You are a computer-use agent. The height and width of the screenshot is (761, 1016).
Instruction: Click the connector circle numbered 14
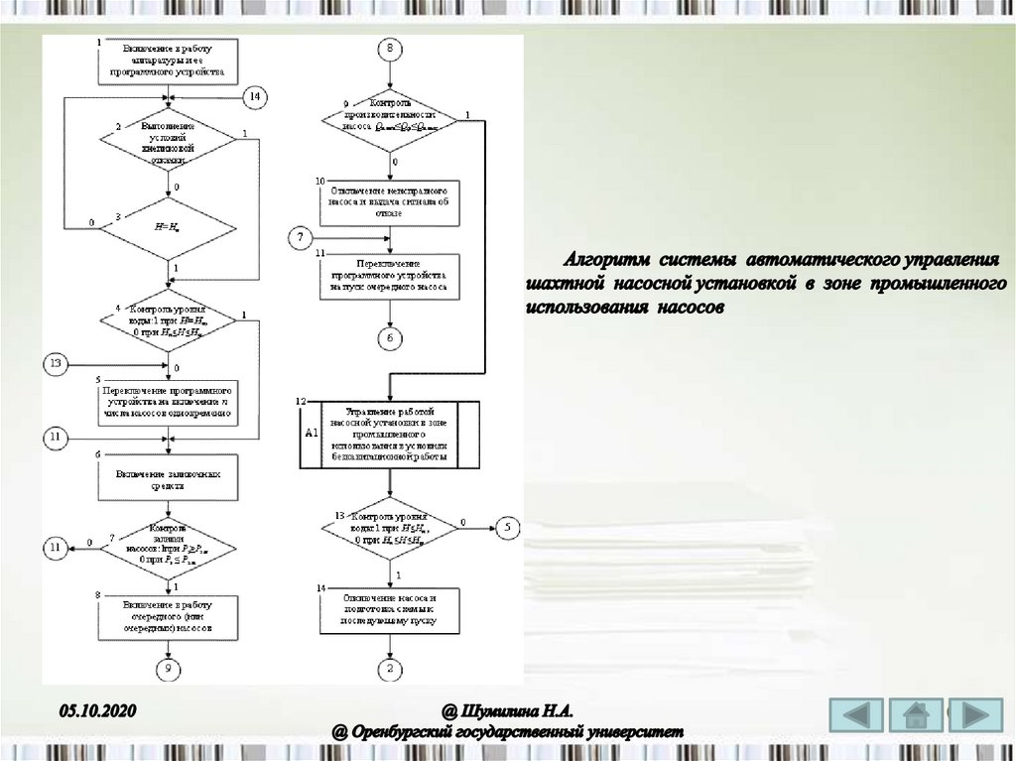(x=255, y=96)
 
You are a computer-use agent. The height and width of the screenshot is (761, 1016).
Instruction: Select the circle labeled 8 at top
(x=390, y=50)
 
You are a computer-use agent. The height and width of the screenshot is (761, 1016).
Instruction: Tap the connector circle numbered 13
(x=57, y=364)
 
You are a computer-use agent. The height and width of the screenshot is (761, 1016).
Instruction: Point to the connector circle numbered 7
(x=301, y=237)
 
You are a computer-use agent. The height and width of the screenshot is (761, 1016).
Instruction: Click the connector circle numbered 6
(x=390, y=338)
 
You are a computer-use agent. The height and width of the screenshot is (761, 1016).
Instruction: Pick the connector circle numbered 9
(x=169, y=670)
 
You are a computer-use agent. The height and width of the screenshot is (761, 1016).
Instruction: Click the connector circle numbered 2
(x=390, y=670)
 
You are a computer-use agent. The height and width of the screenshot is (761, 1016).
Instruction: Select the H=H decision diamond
(x=168, y=228)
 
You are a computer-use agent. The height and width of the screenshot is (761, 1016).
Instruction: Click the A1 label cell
(x=311, y=434)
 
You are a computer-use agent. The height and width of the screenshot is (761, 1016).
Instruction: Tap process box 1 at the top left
(x=168, y=60)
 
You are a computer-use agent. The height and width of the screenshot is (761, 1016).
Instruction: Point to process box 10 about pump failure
(x=390, y=197)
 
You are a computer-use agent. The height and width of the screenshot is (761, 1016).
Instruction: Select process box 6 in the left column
(x=168, y=480)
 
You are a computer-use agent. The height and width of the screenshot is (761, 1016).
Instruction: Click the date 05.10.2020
(x=96, y=710)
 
